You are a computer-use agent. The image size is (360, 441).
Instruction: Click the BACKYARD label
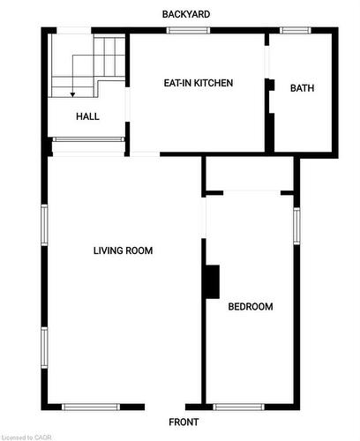coord(186,14)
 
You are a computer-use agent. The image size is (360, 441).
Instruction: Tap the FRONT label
coord(184,422)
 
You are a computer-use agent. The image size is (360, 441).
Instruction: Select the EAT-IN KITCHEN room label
coord(199,83)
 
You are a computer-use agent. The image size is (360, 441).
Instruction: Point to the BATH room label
coord(302,88)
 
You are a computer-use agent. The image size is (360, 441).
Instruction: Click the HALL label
coord(87,116)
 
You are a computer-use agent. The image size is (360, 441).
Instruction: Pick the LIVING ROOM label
coord(123,250)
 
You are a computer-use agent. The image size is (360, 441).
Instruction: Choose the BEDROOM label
coord(251,307)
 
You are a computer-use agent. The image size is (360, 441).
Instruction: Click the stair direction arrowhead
coord(72,94)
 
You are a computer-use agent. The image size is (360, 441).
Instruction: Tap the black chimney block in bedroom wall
coord(213,282)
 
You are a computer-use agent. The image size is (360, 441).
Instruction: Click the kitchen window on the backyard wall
coord(188,30)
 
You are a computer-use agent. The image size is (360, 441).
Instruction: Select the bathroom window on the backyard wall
coord(295,30)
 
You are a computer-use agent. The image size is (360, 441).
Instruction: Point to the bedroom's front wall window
coord(238,407)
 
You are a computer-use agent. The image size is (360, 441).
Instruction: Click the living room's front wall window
coord(91,407)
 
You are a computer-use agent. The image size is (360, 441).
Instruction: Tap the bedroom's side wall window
coord(296,226)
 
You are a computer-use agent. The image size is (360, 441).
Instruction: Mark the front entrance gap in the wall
coord(165,407)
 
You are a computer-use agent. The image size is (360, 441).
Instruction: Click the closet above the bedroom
coord(250,174)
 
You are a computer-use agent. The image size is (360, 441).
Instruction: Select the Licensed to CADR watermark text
coord(26,437)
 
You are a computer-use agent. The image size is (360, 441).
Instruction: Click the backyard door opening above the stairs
coord(74,30)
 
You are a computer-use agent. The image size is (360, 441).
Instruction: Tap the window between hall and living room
coord(88,139)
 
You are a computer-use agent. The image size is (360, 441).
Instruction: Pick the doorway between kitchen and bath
coord(266,62)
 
